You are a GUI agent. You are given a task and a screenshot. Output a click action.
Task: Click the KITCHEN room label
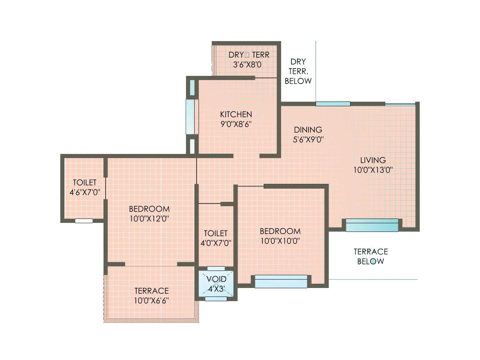coord(236,114)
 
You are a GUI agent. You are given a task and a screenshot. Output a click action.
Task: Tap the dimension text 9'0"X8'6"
coord(236,124)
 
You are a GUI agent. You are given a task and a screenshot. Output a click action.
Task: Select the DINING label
coord(308,130)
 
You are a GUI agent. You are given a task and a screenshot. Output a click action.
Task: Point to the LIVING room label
coord(373,160)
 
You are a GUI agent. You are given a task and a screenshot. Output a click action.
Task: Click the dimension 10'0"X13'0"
coord(373,170)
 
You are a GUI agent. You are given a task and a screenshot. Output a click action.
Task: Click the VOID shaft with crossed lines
coord(216,284)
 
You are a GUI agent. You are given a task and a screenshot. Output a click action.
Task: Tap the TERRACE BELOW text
coord(371,256)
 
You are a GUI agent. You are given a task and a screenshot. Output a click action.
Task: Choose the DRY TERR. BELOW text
coord(298,71)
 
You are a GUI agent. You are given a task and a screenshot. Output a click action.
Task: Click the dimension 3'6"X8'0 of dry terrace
coord(247,64)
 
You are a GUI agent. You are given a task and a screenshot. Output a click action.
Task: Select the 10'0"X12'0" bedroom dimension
coord(149,218)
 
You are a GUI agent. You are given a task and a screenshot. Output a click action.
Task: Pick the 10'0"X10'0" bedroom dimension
coord(280,241)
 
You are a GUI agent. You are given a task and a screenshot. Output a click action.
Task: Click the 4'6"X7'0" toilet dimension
coord(85,192)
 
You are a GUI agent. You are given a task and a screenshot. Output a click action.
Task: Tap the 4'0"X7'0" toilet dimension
coord(216,243)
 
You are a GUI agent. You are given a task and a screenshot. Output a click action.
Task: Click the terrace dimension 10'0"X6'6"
coord(151,300)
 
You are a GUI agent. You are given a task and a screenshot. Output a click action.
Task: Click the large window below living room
coord(372,225)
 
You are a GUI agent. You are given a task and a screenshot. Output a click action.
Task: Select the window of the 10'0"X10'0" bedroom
coord(281,281)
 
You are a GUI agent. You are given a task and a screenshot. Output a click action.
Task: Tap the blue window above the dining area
coord(333,104)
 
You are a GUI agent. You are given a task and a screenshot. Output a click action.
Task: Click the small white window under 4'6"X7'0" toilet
coord(84,221)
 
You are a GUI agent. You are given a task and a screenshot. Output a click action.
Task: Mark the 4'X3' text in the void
coord(216,289)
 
